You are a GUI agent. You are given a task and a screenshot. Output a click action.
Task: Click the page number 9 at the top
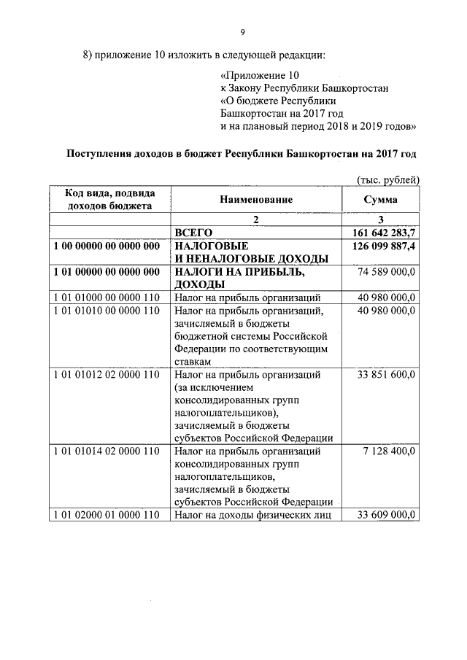(x=242, y=32)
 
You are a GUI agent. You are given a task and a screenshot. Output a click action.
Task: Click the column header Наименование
(x=255, y=199)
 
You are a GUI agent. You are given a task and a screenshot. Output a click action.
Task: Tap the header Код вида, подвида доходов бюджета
(x=109, y=199)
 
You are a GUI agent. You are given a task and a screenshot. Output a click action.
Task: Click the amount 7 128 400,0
(x=390, y=451)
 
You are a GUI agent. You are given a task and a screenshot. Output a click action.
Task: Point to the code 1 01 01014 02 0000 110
(x=107, y=451)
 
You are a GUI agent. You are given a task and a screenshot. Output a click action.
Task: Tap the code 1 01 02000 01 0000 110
(x=107, y=516)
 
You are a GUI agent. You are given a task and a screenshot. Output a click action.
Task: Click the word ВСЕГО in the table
(x=193, y=232)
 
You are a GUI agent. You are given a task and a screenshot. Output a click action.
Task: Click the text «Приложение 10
(x=259, y=75)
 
